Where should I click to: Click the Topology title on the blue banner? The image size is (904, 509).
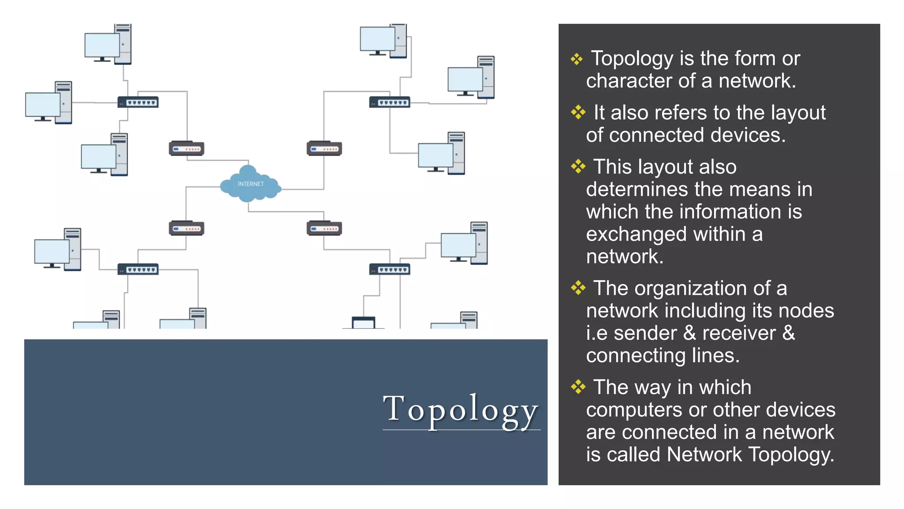460,409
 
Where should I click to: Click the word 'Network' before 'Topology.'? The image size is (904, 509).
704,455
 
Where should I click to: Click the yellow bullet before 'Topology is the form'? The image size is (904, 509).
576,59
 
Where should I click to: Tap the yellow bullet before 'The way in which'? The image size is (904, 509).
578,387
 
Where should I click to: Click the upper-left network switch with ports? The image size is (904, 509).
138,103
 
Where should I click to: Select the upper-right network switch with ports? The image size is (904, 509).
389,103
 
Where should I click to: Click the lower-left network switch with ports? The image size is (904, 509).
138,269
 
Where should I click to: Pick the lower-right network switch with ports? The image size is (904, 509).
389,269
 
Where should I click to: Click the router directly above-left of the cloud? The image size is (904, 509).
186,148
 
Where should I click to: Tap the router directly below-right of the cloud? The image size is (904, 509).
324,228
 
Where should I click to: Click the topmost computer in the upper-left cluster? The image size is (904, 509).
108,44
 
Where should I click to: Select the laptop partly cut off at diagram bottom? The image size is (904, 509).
364,323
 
